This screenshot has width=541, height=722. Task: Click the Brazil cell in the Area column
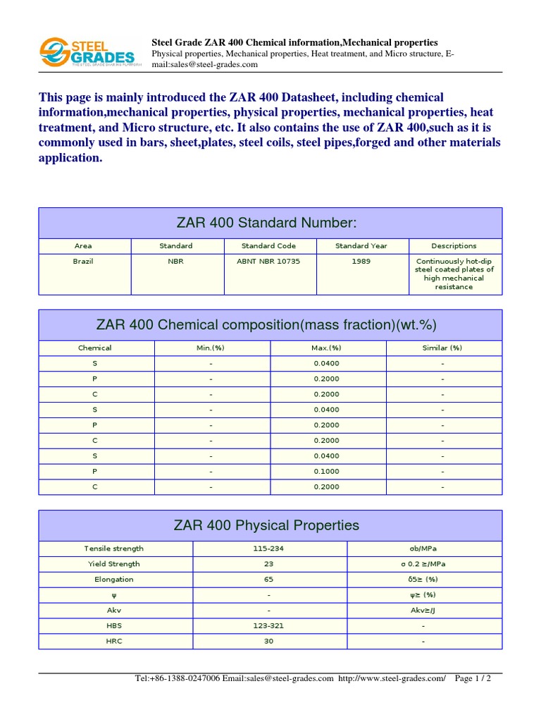click(x=83, y=262)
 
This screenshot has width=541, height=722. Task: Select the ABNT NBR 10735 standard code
click(x=268, y=262)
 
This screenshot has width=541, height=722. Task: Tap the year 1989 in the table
click(x=361, y=262)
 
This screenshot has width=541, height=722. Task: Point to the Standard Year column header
click(x=361, y=246)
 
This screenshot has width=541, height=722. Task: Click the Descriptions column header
click(x=454, y=246)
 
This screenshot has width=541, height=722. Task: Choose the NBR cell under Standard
click(x=175, y=262)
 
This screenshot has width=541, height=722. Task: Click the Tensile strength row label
click(x=113, y=549)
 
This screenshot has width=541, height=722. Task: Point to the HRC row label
click(x=113, y=642)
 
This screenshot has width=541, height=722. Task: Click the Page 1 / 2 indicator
click(x=473, y=678)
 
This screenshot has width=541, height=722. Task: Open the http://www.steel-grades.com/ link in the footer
click(x=392, y=678)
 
